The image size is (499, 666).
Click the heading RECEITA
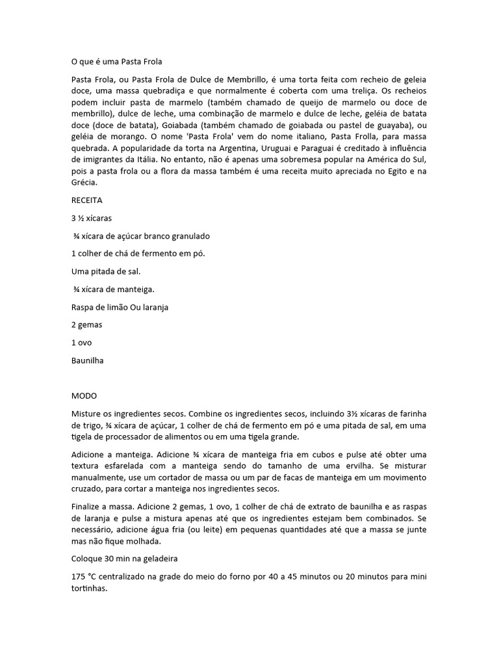tap(86, 200)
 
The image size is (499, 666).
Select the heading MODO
tap(84, 395)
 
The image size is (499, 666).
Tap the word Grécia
tap(84, 183)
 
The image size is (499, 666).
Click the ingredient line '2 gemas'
tap(86, 324)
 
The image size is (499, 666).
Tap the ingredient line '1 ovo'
tap(82, 342)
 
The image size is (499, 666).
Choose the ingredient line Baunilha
tap(88, 360)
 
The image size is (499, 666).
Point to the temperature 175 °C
tap(85, 577)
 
